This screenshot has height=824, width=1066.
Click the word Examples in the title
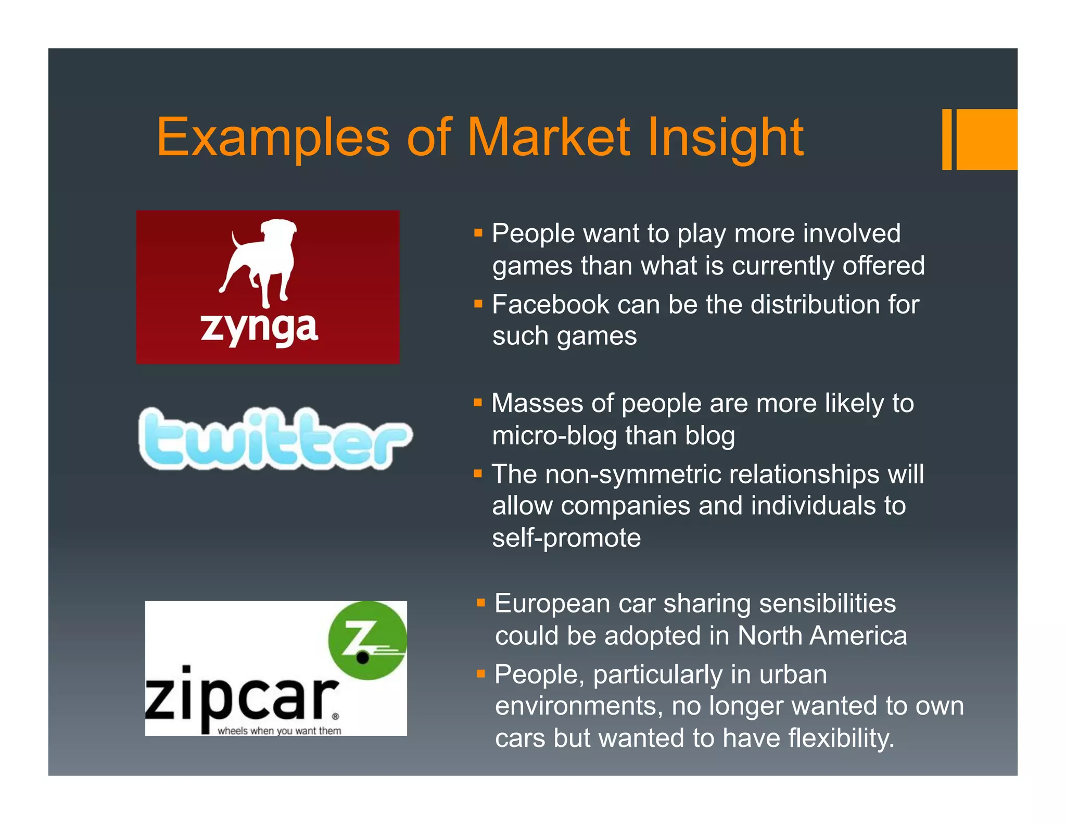273,138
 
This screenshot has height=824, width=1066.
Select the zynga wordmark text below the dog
259,329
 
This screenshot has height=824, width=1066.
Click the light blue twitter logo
275,439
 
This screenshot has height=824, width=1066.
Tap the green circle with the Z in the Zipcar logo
367,640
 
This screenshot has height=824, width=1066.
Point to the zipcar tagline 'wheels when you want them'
280,730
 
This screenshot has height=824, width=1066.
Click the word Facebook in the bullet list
550,304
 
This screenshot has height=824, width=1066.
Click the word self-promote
566,538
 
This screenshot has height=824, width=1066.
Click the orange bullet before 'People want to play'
478,232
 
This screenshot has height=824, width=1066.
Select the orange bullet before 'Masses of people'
478,402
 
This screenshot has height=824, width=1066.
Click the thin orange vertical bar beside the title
947,139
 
